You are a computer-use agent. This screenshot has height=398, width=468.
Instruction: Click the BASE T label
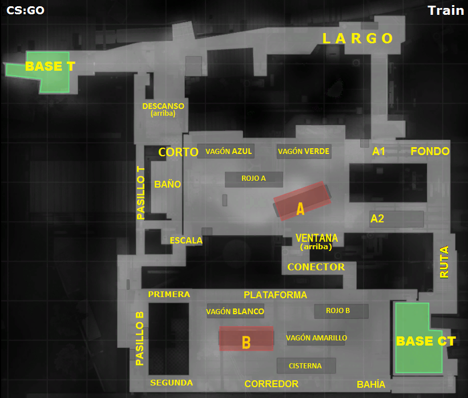pyautogui.click(x=50, y=66)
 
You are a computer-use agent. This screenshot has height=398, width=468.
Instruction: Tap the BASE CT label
pyautogui.click(x=426, y=341)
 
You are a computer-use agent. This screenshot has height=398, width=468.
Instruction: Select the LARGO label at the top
pyautogui.click(x=358, y=38)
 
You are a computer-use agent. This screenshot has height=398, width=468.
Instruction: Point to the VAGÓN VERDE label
pyautogui.click(x=303, y=151)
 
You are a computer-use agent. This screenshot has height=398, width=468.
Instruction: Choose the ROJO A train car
pyautogui.click(x=253, y=178)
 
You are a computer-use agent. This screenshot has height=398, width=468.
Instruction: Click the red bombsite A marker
pyautogui.click(x=302, y=201)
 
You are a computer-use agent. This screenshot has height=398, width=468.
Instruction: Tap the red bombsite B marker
pyautogui.click(x=247, y=339)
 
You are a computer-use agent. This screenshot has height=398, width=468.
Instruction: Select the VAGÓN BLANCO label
pyautogui.click(x=235, y=311)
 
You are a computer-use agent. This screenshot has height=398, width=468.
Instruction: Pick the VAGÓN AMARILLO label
pyautogui.click(x=316, y=338)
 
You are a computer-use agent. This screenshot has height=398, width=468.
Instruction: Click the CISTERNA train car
pyautogui.click(x=305, y=365)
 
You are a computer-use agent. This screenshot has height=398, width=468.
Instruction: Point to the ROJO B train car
pyautogui.click(x=340, y=311)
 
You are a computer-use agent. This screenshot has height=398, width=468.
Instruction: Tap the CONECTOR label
pyautogui.click(x=316, y=267)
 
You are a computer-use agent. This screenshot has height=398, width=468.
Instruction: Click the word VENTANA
pyautogui.click(x=316, y=238)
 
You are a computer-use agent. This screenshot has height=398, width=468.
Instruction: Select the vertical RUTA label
pyautogui.click(x=444, y=262)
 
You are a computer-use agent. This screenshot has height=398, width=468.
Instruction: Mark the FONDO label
pyautogui.click(x=430, y=151)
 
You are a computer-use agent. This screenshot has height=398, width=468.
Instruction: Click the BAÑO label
pyautogui.click(x=168, y=184)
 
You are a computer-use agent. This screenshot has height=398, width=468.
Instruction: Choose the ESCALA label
pyautogui.click(x=186, y=240)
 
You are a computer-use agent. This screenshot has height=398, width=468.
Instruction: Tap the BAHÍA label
pyautogui.click(x=370, y=384)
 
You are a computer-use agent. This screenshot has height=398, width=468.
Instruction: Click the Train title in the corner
pyautogui.click(x=445, y=10)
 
